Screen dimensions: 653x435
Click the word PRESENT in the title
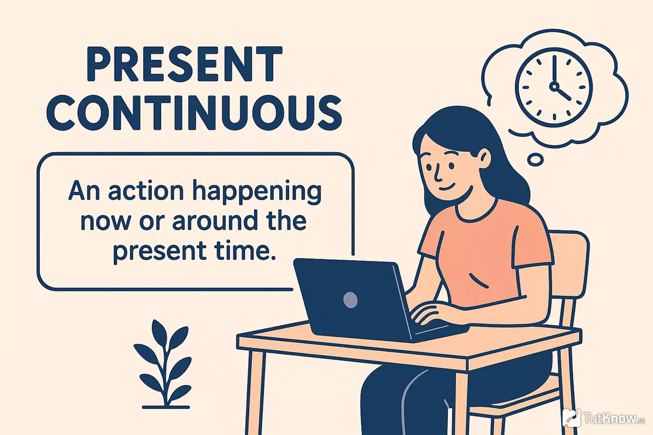[x=184, y=64]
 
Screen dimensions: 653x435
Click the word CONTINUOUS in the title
[x=194, y=113]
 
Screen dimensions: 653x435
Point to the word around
[x=215, y=221]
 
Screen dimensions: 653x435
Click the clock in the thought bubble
[x=554, y=88]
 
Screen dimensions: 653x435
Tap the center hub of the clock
[x=554, y=86]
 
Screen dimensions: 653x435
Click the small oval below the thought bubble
[x=535, y=160]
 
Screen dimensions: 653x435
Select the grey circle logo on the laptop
[x=350, y=300]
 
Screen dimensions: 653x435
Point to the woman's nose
[x=436, y=175]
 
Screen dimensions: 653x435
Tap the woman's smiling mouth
[x=447, y=187]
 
